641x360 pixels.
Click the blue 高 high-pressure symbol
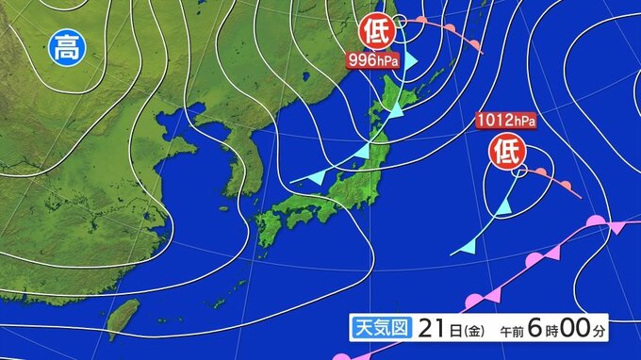(66, 45)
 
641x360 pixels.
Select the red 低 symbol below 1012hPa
(505, 150)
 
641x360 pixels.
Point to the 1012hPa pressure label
(506, 121)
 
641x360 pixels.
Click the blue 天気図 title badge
(379, 330)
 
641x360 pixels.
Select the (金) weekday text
(462, 330)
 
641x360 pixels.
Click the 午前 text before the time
(510, 331)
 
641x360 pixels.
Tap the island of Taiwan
(123, 318)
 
